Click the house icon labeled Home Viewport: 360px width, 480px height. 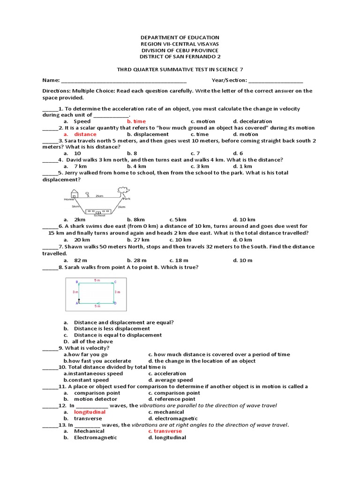[75, 194]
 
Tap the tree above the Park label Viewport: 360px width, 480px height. [124, 190]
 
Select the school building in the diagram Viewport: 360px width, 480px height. [99, 211]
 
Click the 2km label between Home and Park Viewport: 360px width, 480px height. [99, 195]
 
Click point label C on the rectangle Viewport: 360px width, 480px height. [115, 282]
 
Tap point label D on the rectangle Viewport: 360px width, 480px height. [115, 303]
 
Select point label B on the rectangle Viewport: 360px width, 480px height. [77, 282]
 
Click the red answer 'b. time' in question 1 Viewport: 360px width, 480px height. [136, 121]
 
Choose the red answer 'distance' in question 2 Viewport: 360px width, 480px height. [85, 134]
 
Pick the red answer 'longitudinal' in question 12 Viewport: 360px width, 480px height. [90, 412]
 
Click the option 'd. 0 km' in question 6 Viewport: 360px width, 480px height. [242, 240]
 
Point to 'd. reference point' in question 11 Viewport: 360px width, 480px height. [172, 399]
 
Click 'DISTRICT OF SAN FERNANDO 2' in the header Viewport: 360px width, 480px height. [180, 57]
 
